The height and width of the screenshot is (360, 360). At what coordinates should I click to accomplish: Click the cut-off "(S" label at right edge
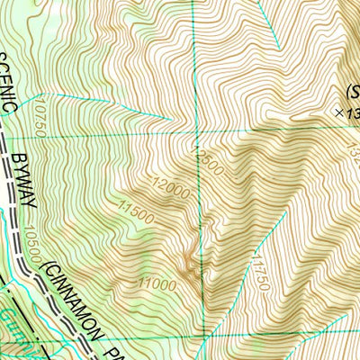[x=351, y=90]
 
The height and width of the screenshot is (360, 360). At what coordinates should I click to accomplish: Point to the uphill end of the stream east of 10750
[x=172, y=119]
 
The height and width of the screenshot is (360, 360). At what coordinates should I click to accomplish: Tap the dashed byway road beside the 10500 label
[x=20, y=243]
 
